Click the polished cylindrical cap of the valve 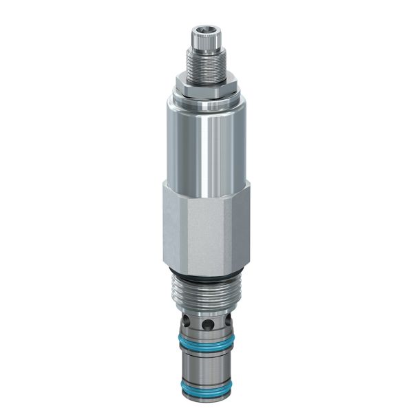click(x=205, y=145)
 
